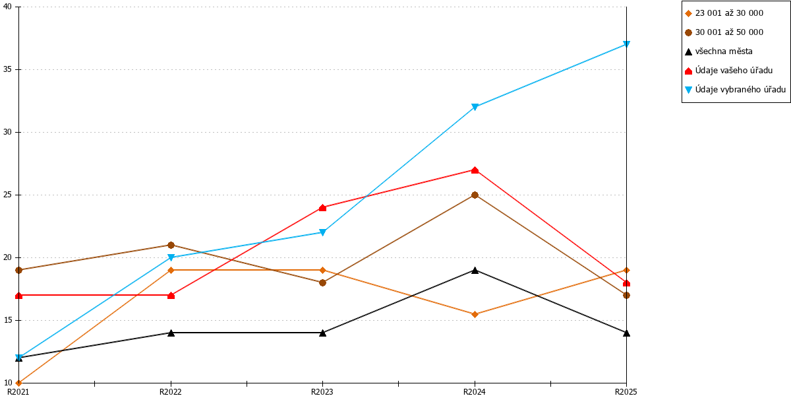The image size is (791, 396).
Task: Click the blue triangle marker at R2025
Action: click(x=626, y=44)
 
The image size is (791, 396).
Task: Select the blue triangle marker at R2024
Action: click(x=475, y=107)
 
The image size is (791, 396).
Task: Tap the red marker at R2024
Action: click(x=475, y=170)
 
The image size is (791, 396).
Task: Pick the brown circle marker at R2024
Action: click(x=475, y=195)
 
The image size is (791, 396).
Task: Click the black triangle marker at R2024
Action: click(x=475, y=271)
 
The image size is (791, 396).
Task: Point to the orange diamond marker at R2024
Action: click(x=475, y=314)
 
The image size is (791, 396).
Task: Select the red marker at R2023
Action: click(x=322, y=208)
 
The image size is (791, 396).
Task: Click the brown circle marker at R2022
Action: click(x=171, y=245)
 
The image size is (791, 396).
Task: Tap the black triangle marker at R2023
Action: click(x=322, y=333)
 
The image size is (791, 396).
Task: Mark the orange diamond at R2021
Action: click(x=19, y=383)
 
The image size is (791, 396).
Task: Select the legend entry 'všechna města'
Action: click(x=718, y=51)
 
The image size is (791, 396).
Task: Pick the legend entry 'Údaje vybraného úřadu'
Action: click(x=735, y=90)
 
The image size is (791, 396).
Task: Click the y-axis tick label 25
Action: click(x=7, y=195)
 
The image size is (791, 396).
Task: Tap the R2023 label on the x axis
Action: click(x=322, y=392)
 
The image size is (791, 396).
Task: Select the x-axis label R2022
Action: click(x=171, y=392)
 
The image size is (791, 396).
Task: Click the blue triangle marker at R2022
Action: click(x=171, y=257)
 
